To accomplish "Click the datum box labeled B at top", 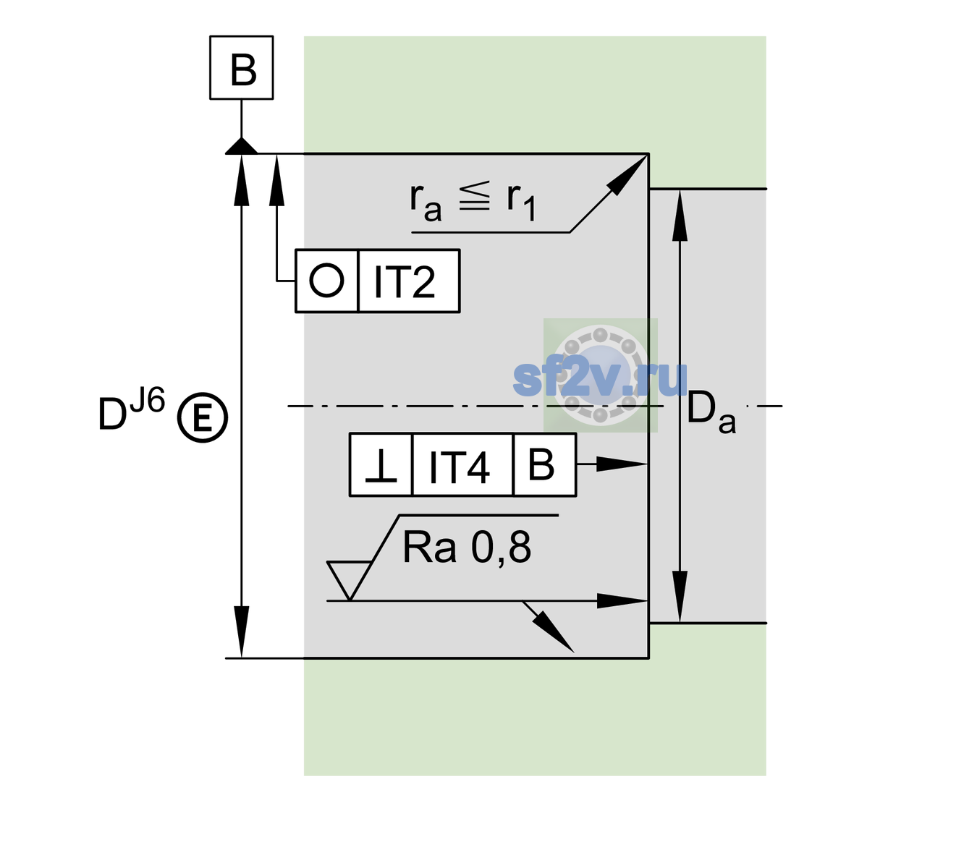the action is [241, 67].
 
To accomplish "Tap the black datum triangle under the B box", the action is [241, 147].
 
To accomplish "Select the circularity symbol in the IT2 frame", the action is [326, 281].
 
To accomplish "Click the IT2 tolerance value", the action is [404, 281].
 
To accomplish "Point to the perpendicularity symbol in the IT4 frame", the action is [381, 466].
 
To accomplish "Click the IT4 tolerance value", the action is [459, 467].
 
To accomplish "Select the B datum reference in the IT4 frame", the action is [541, 464].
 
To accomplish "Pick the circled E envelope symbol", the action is [202, 417].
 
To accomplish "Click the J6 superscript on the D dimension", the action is [147, 401].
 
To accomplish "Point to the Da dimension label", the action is [711, 412].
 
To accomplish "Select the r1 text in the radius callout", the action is [521, 202].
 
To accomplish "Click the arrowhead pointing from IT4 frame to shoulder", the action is [621, 464].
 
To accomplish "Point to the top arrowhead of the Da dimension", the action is [680, 215].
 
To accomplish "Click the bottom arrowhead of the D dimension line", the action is [241, 631].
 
